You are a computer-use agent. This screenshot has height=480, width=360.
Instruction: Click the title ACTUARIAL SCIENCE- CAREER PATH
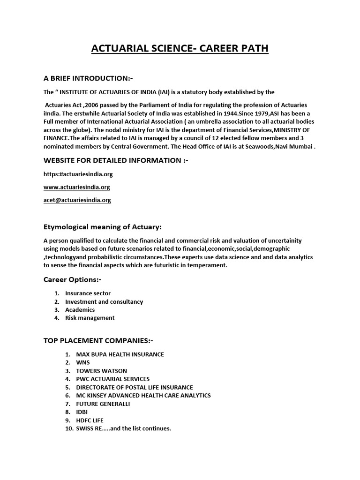(180, 49)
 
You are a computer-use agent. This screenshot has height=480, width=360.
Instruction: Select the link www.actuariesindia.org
(77, 187)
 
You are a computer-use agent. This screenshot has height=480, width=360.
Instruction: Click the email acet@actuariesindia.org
(77, 200)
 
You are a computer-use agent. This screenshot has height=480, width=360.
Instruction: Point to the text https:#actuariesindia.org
(78, 174)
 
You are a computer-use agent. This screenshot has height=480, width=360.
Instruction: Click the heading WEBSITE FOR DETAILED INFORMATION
(116, 161)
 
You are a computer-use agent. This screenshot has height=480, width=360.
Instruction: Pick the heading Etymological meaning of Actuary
(102, 227)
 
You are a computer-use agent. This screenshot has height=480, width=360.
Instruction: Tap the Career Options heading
(72, 280)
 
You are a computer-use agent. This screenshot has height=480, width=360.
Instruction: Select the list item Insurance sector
(88, 293)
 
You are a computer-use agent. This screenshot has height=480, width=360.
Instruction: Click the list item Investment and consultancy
(104, 302)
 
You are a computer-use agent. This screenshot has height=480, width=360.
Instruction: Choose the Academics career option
(80, 310)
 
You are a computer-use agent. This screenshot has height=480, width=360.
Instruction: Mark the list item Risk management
(90, 318)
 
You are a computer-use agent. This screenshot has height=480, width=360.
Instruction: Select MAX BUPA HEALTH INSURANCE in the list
(120, 354)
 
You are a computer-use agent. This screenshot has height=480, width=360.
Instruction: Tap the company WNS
(83, 363)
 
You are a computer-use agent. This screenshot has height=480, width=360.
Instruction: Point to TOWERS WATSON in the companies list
(101, 371)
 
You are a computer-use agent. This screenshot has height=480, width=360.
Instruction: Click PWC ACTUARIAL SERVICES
(113, 379)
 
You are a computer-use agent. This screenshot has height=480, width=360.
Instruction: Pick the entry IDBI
(82, 412)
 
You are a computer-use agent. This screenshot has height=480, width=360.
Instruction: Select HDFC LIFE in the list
(90, 420)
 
